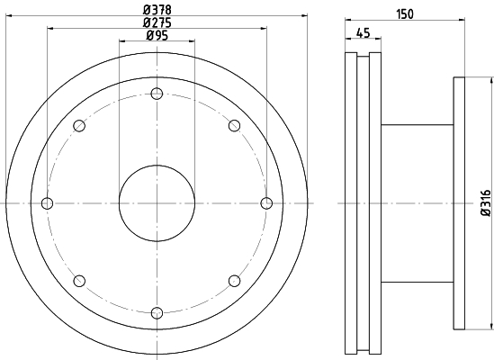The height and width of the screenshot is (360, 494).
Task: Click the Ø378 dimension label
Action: pyautogui.click(x=157, y=11)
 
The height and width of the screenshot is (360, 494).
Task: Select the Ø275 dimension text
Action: pyautogui.click(x=157, y=22)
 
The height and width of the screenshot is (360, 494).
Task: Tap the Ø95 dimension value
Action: pyautogui.click(x=157, y=35)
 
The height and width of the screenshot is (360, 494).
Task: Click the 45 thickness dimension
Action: pyautogui.click(x=364, y=33)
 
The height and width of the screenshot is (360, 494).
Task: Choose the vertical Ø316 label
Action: pyautogui.click(x=485, y=203)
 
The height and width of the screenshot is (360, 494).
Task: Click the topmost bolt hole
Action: pyautogui.click(x=157, y=94)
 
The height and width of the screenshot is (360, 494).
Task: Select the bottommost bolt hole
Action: pyautogui.click(x=157, y=312)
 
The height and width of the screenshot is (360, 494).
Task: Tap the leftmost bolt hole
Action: pyautogui.click(x=48, y=202)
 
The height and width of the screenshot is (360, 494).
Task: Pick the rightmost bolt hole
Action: pyautogui.click(x=266, y=202)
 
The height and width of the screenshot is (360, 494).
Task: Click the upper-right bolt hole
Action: pyautogui.click(x=234, y=125)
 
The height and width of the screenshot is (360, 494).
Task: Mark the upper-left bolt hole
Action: pyautogui.click(x=80, y=125)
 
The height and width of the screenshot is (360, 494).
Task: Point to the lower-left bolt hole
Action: pyautogui.click(x=80, y=280)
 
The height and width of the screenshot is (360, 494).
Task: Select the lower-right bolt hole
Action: pyautogui.click(x=234, y=280)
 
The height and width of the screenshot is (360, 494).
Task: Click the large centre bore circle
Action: pyautogui.click(x=157, y=203)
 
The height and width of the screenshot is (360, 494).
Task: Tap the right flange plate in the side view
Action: pyautogui.click(x=459, y=203)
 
